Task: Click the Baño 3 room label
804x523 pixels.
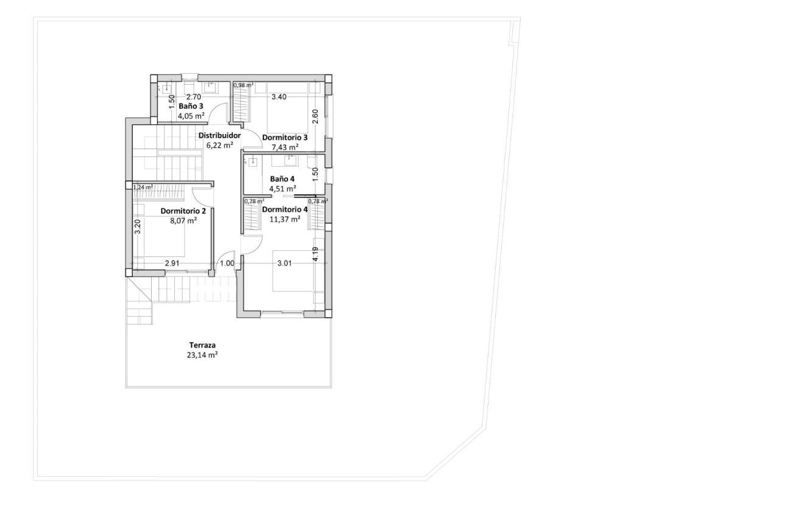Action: click(x=191, y=105)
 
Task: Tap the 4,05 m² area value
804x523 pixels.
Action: click(x=191, y=114)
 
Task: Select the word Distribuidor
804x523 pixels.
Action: click(x=220, y=135)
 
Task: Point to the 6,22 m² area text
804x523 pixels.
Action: click(x=220, y=145)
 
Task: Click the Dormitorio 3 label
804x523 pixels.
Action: click(x=284, y=138)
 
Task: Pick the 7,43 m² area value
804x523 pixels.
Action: click(x=284, y=147)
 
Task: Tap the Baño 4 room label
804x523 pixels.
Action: click(x=282, y=178)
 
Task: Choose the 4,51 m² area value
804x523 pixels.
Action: click(x=283, y=188)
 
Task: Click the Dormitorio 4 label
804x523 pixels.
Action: click(x=284, y=209)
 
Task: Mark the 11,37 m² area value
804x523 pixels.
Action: click(x=284, y=219)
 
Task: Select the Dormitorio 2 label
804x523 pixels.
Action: click(x=183, y=211)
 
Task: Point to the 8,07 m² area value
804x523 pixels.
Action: click(x=183, y=221)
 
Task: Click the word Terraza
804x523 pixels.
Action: click(x=202, y=345)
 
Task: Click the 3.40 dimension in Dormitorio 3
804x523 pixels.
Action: click(x=278, y=97)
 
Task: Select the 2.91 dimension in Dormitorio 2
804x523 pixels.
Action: click(x=172, y=264)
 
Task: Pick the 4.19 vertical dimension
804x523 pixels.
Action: click(x=315, y=254)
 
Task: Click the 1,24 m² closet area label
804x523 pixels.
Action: click(x=143, y=188)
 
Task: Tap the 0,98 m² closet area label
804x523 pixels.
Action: click(x=243, y=86)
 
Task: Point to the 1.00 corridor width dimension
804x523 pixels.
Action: click(x=227, y=264)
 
